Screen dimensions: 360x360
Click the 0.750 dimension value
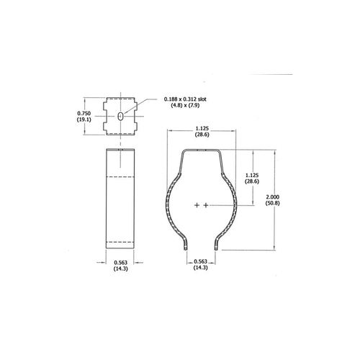(84, 113)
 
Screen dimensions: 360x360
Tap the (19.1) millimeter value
(84, 120)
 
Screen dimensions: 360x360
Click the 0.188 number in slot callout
(174, 99)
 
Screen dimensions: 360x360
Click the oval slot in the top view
(120, 116)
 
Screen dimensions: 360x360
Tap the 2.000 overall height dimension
(272, 197)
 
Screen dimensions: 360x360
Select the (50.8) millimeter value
(272, 204)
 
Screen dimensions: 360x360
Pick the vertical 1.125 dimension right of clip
(251, 174)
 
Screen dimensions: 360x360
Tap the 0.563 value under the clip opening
(201, 262)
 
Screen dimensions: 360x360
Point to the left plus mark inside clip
(197, 206)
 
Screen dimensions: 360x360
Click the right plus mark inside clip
(206, 206)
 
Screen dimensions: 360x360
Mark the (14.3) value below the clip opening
(201, 269)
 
